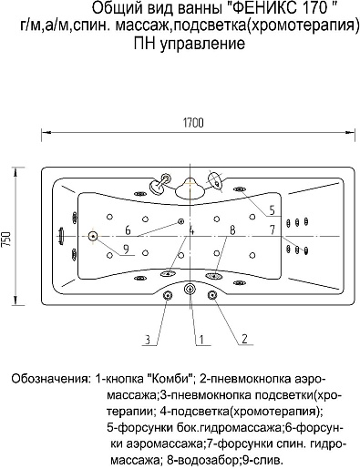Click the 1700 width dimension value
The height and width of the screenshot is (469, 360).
pyautogui.click(x=192, y=122)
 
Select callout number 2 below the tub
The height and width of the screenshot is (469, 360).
pyautogui.click(x=243, y=341)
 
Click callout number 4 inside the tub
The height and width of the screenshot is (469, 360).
pyautogui.click(x=192, y=231)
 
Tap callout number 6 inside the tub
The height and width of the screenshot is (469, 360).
pyautogui.click(x=128, y=230)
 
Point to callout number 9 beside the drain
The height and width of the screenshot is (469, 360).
pyautogui.click(x=126, y=249)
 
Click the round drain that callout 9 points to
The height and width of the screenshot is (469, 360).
pyautogui.click(x=92, y=238)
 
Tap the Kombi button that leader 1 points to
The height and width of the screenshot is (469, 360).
pyautogui.click(x=190, y=290)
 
